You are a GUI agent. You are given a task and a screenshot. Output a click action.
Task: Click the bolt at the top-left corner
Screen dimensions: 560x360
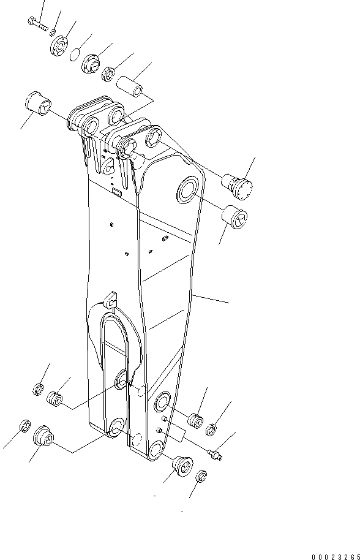pyautogui.click(x=37, y=25)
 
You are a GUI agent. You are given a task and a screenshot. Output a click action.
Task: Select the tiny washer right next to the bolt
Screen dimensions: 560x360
pyautogui.click(x=53, y=32)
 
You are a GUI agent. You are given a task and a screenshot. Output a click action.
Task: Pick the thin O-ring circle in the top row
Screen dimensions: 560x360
pyautogui.click(x=73, y=55)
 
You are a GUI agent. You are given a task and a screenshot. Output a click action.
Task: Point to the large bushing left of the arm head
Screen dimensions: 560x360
pyautogui.click(x=37, y=105)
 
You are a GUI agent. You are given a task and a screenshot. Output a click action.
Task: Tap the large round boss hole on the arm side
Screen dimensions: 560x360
pyautogui.click(x=189, y=192)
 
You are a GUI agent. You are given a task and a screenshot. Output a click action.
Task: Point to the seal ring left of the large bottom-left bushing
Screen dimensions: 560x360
pyautogui.click(x=25, y=426)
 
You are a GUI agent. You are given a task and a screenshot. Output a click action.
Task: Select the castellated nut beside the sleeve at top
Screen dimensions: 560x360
pyautogui.click(x=109, y=73)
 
